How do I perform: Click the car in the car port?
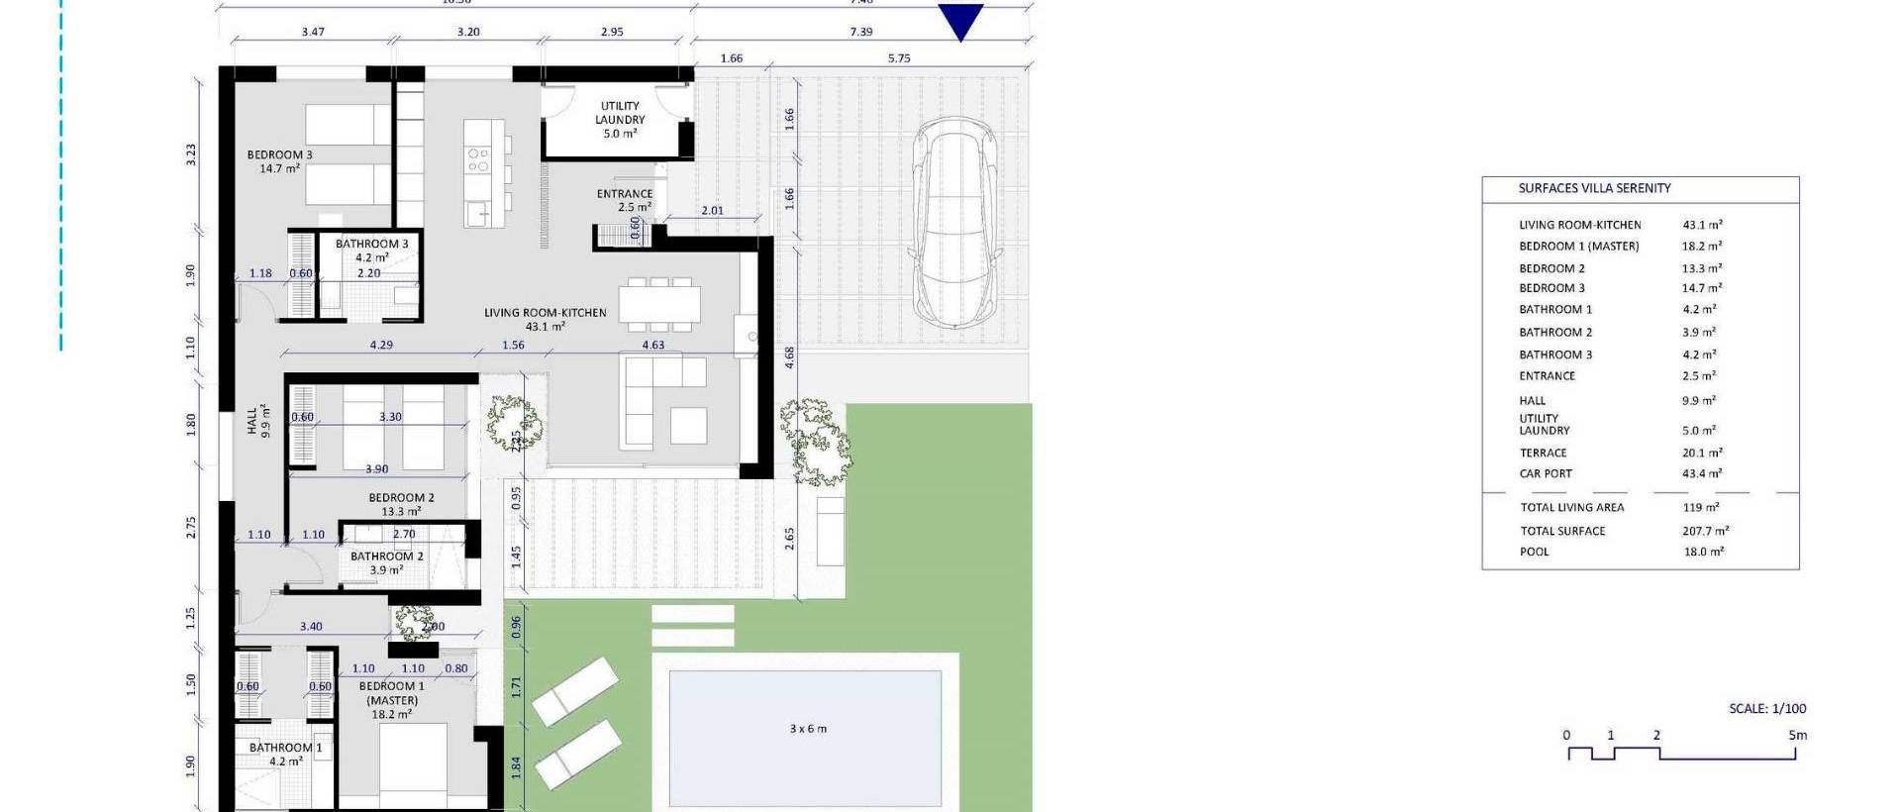[x=954, y=223]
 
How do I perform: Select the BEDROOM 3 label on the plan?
[x=279, y=155]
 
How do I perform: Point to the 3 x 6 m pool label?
[x=808, y=729]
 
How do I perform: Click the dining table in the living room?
[x=660, y=302]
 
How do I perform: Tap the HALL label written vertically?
[x=252, y=421]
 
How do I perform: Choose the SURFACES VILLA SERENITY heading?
[x=1594, y=188]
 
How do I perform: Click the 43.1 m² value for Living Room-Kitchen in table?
[x=1702, y=225]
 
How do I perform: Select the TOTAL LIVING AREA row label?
[x=1572, y=507]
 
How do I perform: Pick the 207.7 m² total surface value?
[x=1705, y=531]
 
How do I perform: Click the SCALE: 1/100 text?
[x=1767, y=709]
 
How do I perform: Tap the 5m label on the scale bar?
[x=1797, y=736]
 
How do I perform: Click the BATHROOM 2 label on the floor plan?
[x=386, y=557]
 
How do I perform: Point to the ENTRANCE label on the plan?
[x=625, y=194]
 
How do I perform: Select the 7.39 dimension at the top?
[x=860, y=32]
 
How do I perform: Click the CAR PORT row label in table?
[x=1546, y=473]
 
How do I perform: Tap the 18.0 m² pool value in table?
[x=1703, y=552]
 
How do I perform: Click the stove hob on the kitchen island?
[x=478, y=159]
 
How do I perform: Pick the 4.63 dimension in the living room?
[x=652, y=346]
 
